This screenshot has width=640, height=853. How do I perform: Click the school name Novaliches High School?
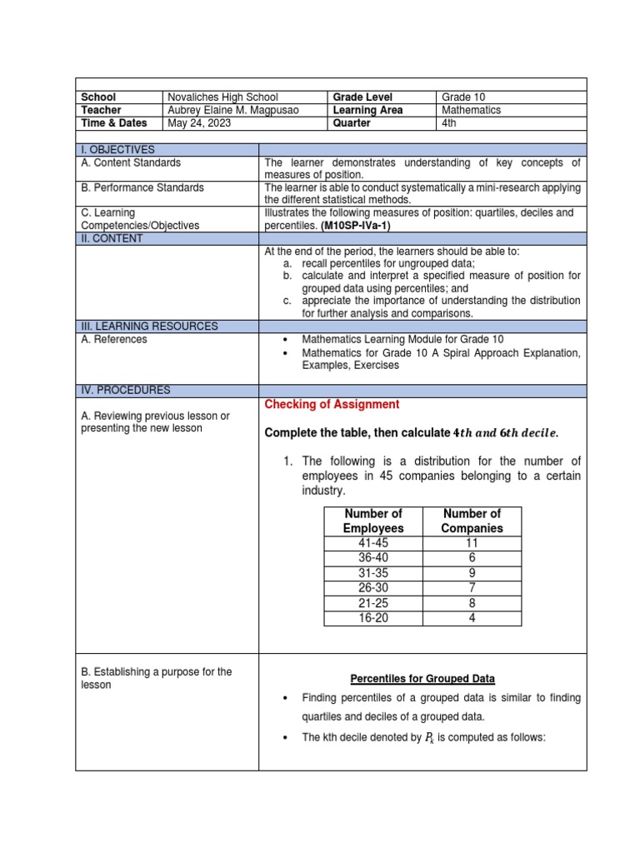[222, 97]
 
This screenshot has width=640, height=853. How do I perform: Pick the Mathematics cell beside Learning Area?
[472, 110]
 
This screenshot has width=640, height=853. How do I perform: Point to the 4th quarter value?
[450, 122]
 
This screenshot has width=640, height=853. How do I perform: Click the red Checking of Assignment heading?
[332, 404]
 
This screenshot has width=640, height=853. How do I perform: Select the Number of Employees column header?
[372, 521]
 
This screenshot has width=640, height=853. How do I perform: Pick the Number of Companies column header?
[472, 521]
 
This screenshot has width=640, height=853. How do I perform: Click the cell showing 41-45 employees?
[372, 543]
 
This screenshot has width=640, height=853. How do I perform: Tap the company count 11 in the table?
[472, 543]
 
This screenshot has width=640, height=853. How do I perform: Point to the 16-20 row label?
[372, 618]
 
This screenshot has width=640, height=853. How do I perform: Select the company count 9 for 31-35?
[472, 573]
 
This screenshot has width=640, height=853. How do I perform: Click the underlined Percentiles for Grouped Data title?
[423, 678]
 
